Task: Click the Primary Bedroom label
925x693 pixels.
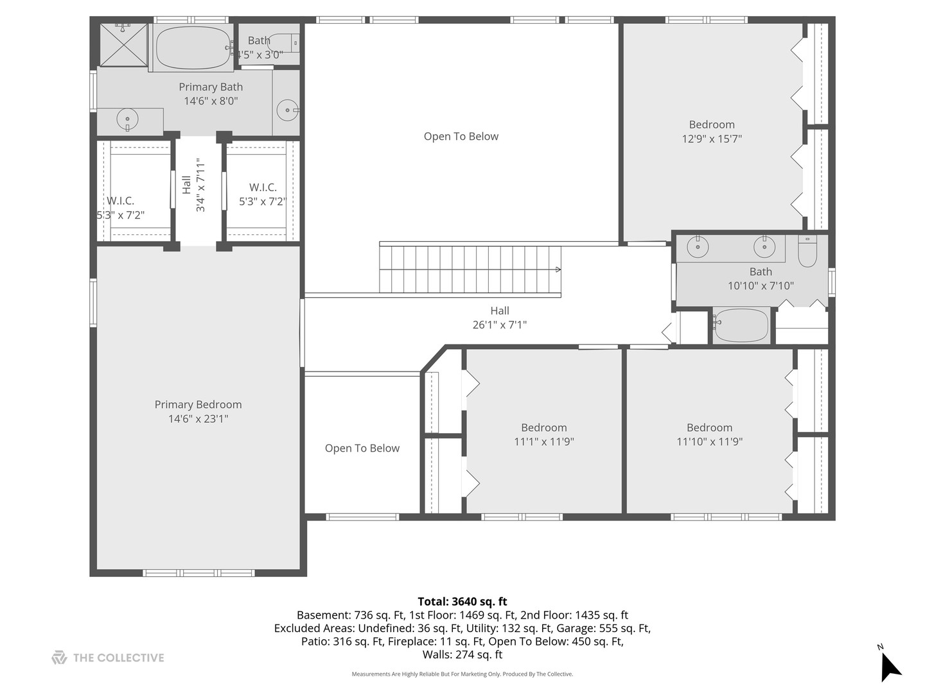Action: (x=198, y=404)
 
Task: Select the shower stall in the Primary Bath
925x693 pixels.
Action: (x=123, y=45)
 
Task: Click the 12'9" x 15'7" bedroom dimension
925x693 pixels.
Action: (x=712, y=139)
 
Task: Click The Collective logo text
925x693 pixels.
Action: (x=118, y=658)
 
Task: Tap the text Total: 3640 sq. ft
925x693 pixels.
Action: (x=463, y=601)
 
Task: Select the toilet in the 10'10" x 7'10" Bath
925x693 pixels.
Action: (x=807, y=251)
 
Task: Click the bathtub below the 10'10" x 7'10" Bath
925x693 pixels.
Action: (x=741, y=325)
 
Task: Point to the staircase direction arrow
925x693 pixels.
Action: (x=558, y=269)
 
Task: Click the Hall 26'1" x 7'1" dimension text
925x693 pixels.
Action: (x=500, y=325)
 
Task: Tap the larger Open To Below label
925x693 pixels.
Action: (x=461, y=136)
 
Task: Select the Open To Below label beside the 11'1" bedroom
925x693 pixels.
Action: (x=362, y=448)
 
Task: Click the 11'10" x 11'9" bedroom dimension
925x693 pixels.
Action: (x=710, y=441)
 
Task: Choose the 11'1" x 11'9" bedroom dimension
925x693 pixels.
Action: (x=544, y=441)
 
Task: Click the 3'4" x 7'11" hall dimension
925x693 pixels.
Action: (x=200, y=185)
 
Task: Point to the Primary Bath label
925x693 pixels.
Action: (x=211, y=87)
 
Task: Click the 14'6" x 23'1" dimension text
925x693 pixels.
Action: (x=198, y=418)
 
